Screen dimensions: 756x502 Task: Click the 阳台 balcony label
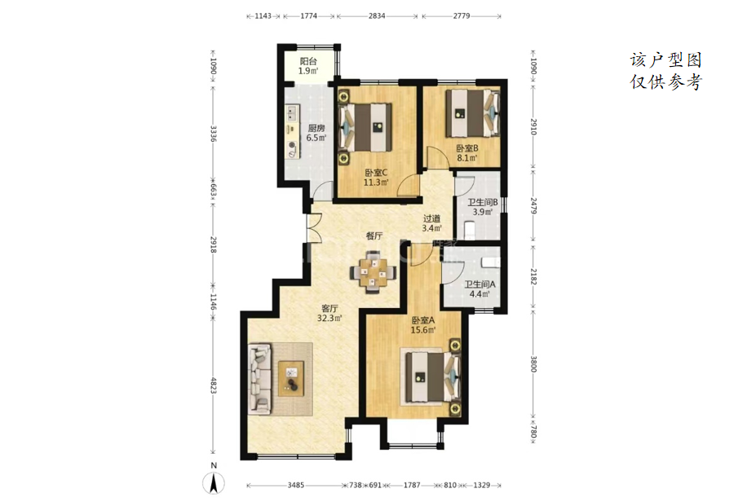(308, 62)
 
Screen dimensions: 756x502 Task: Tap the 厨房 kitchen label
(316, 128)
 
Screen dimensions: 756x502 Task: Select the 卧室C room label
(376, 173)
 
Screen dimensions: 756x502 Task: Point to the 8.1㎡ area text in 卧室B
(467, 157)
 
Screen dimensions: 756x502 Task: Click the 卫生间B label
(483, 202)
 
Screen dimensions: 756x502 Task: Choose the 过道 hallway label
(431, 218)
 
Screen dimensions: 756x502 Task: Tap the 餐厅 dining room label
(374, 236)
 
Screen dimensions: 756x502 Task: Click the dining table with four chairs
(374, 272)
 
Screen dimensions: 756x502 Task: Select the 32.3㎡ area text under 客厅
(329, 318)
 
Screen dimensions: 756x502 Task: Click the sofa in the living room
(259, 379)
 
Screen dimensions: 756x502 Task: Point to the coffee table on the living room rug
(291, 378)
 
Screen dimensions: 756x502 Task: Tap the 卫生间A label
(480, 284)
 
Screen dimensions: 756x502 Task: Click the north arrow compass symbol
(214, 482)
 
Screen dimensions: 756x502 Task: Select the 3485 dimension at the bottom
(296, 485)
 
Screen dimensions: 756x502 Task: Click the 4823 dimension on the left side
(214, 385)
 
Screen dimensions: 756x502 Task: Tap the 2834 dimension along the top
(377, 16)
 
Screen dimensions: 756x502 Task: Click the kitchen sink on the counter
(292, 114)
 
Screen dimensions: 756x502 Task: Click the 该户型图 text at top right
(665, 60)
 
